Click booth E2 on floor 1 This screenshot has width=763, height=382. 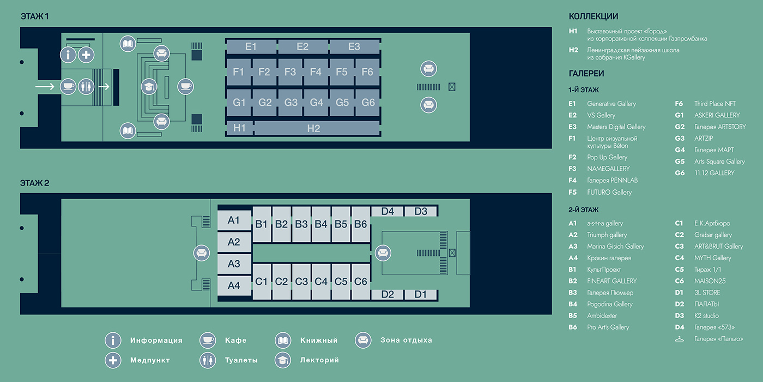(302, 47)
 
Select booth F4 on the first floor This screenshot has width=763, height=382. (316, 72)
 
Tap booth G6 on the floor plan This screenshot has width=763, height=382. (368, 103)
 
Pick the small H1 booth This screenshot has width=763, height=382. (239, 129)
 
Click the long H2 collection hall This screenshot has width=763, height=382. (313, 129)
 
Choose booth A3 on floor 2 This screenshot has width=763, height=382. (234, 264)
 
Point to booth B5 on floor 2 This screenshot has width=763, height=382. (341, 224)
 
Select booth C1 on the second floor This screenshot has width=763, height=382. (262, 282)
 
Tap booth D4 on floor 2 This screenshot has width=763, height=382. (387, 212)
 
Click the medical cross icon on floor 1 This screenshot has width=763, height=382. (86, 55)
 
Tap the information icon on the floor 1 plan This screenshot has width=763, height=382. (68, 55)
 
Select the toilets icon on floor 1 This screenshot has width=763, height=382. (86, 86)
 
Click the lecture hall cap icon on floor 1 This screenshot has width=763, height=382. (148, 86)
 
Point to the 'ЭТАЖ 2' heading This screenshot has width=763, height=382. (35, 183)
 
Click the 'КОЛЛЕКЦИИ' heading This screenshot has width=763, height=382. (594, 17)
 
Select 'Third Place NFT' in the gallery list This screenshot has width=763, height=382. (714, 104)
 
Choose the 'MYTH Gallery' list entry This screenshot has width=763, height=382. (712, 258)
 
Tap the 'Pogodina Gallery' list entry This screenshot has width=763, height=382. (609, 305)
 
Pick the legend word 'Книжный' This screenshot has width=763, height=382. (319, 341)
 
